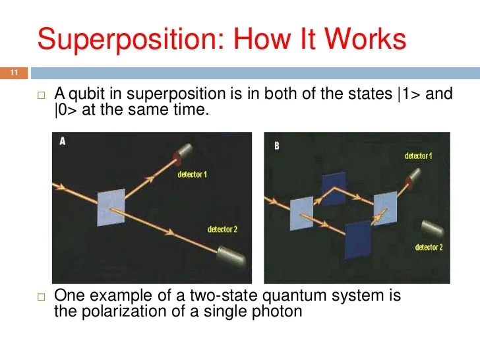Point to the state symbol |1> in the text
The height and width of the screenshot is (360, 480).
(409, 94)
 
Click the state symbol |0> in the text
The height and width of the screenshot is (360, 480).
(65, 110)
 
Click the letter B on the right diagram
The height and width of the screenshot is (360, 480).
(276, 144)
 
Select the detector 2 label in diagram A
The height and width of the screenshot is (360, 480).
(222, 229)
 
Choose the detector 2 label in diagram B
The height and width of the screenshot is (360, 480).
(429, 247)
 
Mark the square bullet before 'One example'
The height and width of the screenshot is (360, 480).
(40, 297)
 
